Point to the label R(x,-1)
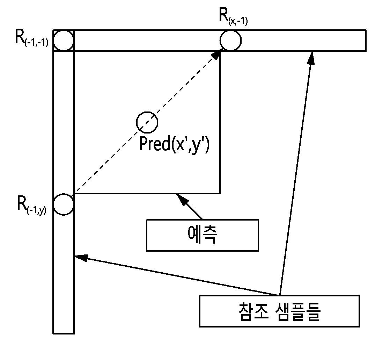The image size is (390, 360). (233, 16)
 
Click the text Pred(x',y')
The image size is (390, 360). (174, 145)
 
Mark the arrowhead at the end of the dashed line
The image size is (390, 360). (216, 54)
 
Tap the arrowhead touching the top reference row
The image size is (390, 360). (311, 58)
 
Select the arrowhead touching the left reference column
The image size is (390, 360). (81, 258)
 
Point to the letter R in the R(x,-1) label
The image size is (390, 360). (223, 15)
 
